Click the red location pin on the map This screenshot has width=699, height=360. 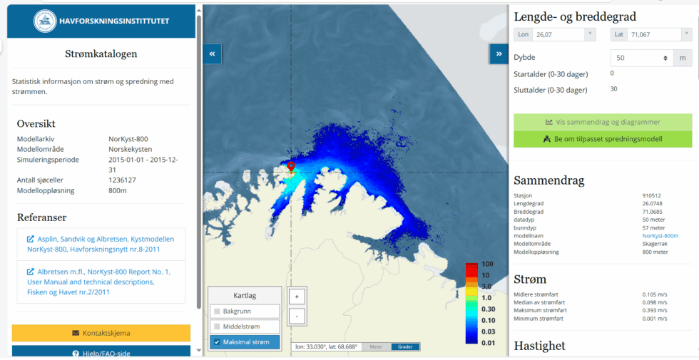click(291, 167)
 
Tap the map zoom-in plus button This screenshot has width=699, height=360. click(297, 296)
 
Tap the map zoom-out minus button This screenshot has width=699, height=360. click(297, 315)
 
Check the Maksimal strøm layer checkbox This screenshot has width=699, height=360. click(217, 342)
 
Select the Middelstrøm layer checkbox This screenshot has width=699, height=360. click(217, 326)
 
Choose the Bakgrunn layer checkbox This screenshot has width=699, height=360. click(217, 312)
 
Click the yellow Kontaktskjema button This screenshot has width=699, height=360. click(101, 333)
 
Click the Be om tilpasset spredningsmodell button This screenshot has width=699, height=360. click(602, 139)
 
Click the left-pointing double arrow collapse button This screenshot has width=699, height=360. click(212, 53)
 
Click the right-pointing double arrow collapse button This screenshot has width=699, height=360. click(498, 53)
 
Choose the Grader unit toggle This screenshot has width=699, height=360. click(405, 347)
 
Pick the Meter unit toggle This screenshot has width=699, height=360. click(375, 347)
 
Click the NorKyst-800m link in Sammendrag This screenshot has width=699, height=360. click(660, 235)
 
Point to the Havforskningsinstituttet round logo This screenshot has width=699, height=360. click(46, 21)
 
